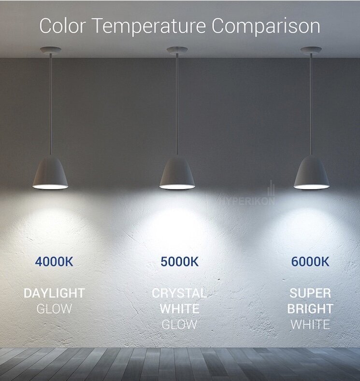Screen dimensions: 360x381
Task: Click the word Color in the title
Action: coord(63,26)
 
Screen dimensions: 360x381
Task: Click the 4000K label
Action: coord(54,262)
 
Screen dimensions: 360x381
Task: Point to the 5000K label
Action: coord(180,262)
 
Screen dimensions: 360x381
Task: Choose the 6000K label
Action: coord(310,262)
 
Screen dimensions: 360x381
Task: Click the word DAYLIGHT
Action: coord(54,293)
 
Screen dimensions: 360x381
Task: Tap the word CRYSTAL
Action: coord(179,293)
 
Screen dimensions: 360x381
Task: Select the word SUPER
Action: coord(310,293)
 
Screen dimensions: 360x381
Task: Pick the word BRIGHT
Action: coord(310,309)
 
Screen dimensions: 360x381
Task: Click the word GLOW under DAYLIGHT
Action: coord(54,309)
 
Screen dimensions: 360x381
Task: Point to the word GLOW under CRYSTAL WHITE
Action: coord(179,325)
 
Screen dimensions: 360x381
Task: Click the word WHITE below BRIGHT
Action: coord(310,325)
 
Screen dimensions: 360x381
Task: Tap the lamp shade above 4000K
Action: coord(50,172)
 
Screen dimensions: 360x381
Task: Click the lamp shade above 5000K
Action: coord(177,172)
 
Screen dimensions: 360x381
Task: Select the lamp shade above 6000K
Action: coord(311,172)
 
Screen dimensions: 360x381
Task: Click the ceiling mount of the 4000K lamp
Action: coord(51,50)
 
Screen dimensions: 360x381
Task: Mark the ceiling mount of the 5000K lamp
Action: coord(177,50)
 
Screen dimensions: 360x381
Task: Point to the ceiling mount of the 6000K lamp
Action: coord(311,50)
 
